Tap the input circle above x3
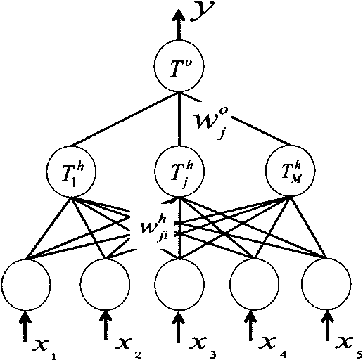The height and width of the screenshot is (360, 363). (179, 283)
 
